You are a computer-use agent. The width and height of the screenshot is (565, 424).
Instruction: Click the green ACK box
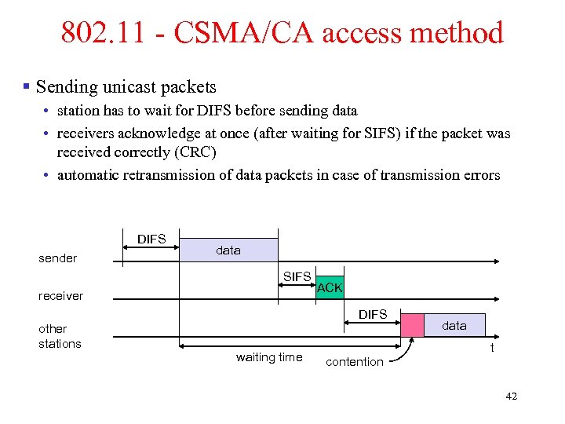click(330, 288)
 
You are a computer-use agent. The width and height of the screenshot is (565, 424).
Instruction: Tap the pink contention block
click(412, 326)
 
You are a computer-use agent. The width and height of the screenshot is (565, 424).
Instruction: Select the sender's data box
click(229, 250)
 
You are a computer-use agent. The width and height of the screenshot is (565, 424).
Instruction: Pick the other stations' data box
click(454, 325)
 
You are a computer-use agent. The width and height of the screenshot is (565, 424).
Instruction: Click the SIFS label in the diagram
click(297, 276)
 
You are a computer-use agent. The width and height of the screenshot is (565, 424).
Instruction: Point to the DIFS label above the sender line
click(151, 239)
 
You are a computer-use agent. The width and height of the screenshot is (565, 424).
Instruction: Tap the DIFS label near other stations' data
click(373, 314)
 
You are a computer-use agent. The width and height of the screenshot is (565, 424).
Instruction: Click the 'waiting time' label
click(269, 357)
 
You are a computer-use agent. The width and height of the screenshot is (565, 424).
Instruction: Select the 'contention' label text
click(355, 361)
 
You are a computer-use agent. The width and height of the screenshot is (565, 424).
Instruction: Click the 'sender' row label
click(58, 258)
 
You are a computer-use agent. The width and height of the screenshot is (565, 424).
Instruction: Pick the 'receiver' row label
click(60, 296)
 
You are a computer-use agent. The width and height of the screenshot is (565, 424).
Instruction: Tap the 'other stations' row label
click(59, 336)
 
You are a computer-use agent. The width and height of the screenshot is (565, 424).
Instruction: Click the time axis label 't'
click(492, 348)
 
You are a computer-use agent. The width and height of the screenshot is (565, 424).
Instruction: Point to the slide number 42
click(512, 397)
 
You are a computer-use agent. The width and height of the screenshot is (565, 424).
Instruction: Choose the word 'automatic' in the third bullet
click(88, 174)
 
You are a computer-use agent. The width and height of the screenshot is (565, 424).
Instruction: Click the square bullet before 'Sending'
click(27, 86)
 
